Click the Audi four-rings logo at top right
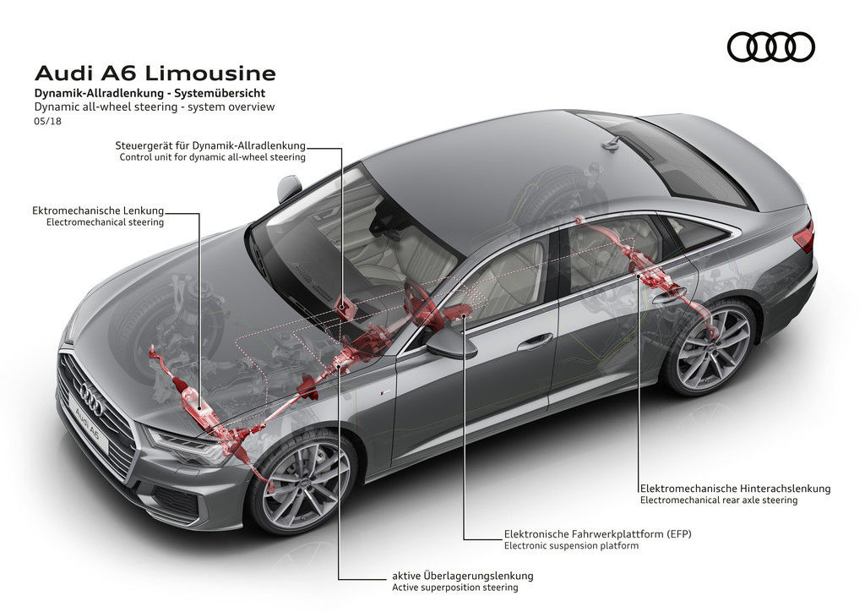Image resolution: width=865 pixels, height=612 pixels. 770,46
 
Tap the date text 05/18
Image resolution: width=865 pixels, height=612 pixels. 47,121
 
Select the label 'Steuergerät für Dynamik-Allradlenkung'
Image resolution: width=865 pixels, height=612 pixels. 210,145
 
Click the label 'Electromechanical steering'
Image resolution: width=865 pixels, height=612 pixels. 106,221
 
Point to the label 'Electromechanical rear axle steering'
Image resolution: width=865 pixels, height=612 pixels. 719,500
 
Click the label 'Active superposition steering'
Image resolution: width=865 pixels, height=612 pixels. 455,587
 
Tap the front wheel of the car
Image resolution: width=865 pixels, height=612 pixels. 305,485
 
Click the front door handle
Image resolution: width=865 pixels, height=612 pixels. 535,342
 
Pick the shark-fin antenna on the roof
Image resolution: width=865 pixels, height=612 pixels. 611,145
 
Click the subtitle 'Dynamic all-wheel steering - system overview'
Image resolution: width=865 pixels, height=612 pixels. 155,107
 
